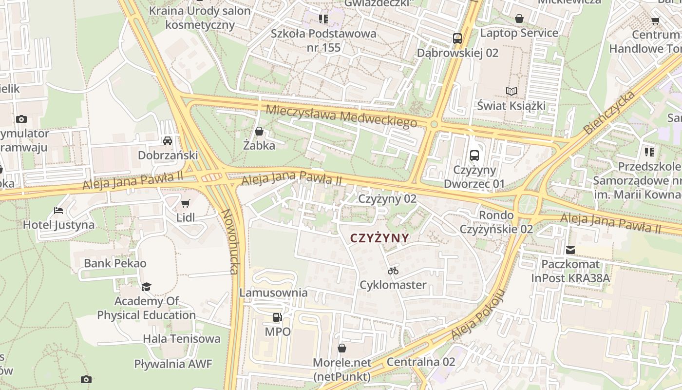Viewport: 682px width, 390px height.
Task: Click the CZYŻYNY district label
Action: click(379, 238)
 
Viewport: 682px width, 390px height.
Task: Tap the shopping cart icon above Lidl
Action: click(185, 203)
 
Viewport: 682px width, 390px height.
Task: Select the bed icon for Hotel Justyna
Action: click(58, 211)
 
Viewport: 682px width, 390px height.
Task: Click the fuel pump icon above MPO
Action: click(277, 317)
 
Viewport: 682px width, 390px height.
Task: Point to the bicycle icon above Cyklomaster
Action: click(393, 270)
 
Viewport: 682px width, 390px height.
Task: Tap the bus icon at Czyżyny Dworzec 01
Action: click(474, 156)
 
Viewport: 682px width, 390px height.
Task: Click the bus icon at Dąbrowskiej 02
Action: click(457, 38)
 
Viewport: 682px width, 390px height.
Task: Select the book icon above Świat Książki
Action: click(511, 91)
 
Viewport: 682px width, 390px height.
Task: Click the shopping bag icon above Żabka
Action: click(259, 131)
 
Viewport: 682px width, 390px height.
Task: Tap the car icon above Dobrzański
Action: click(168, 141)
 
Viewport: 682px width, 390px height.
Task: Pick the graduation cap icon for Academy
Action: click(146, 286)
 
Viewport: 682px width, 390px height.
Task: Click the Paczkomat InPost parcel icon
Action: click(570, 250)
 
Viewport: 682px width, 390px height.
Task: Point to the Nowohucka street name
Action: click(229, 242)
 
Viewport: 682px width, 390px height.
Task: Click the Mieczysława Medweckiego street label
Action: click(341, 116)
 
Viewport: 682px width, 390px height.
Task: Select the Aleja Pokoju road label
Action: click(477, 314)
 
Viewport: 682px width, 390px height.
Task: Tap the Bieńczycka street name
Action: click(609, 112)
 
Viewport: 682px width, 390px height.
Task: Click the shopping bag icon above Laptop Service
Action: click(519, 19)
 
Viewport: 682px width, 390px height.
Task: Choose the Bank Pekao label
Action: click(115, 263)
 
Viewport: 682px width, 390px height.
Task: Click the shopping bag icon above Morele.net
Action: click(342, 348)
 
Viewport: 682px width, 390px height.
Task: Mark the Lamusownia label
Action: click(273, 292)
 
